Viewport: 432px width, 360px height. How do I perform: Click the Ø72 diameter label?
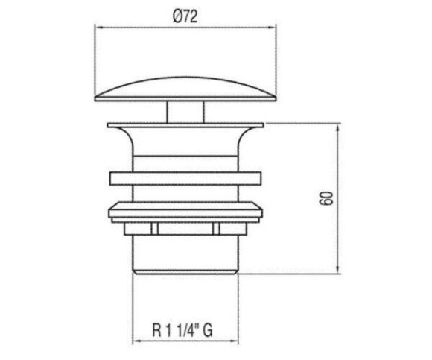185,17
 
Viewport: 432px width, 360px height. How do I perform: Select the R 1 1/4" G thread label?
182,329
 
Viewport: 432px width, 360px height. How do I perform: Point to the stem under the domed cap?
185,113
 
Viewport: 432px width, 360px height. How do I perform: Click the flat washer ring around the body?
185,179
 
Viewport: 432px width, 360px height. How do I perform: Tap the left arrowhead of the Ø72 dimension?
99,28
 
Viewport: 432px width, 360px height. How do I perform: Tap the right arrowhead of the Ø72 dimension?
272,28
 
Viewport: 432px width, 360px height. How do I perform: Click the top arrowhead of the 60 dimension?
339,128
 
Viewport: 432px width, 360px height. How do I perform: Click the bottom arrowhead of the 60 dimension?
339,269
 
